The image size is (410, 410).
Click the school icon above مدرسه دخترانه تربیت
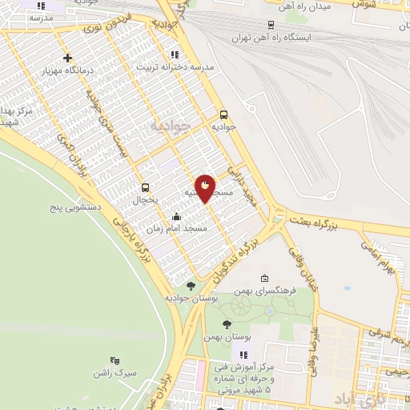[x=174, y=54]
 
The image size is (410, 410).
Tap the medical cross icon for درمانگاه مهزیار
[x=68, y=58]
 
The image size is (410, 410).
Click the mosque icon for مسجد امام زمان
[x=176, y=215]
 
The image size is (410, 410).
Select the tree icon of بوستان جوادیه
[x=191, y=285]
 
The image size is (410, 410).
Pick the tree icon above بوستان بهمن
[x=227, y=325]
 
